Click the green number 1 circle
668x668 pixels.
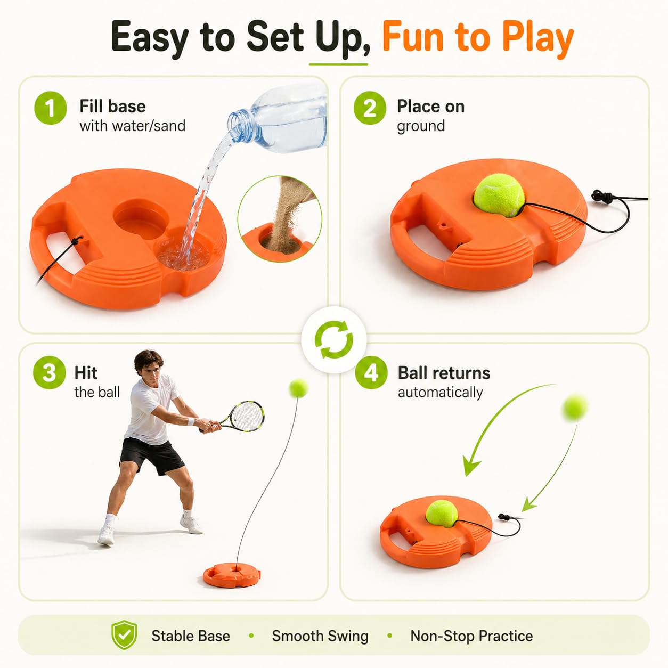tap(50, 108)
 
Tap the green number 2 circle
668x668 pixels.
tap(370, 108)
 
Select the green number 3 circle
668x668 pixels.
tap(49, 373)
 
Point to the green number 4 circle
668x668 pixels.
tap(371, 373)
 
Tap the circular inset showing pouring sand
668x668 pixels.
tap(280, 219)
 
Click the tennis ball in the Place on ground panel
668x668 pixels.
tap(499, 195)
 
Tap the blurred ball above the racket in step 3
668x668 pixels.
tap(298, 388)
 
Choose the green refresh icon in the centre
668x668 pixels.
tap(334, 339)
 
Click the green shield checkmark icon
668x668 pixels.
tap(124, 635)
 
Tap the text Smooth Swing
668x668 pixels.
tap(320, 636)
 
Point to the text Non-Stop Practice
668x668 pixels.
tap(471, 636)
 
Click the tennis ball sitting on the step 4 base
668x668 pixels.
tap(442, 514)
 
